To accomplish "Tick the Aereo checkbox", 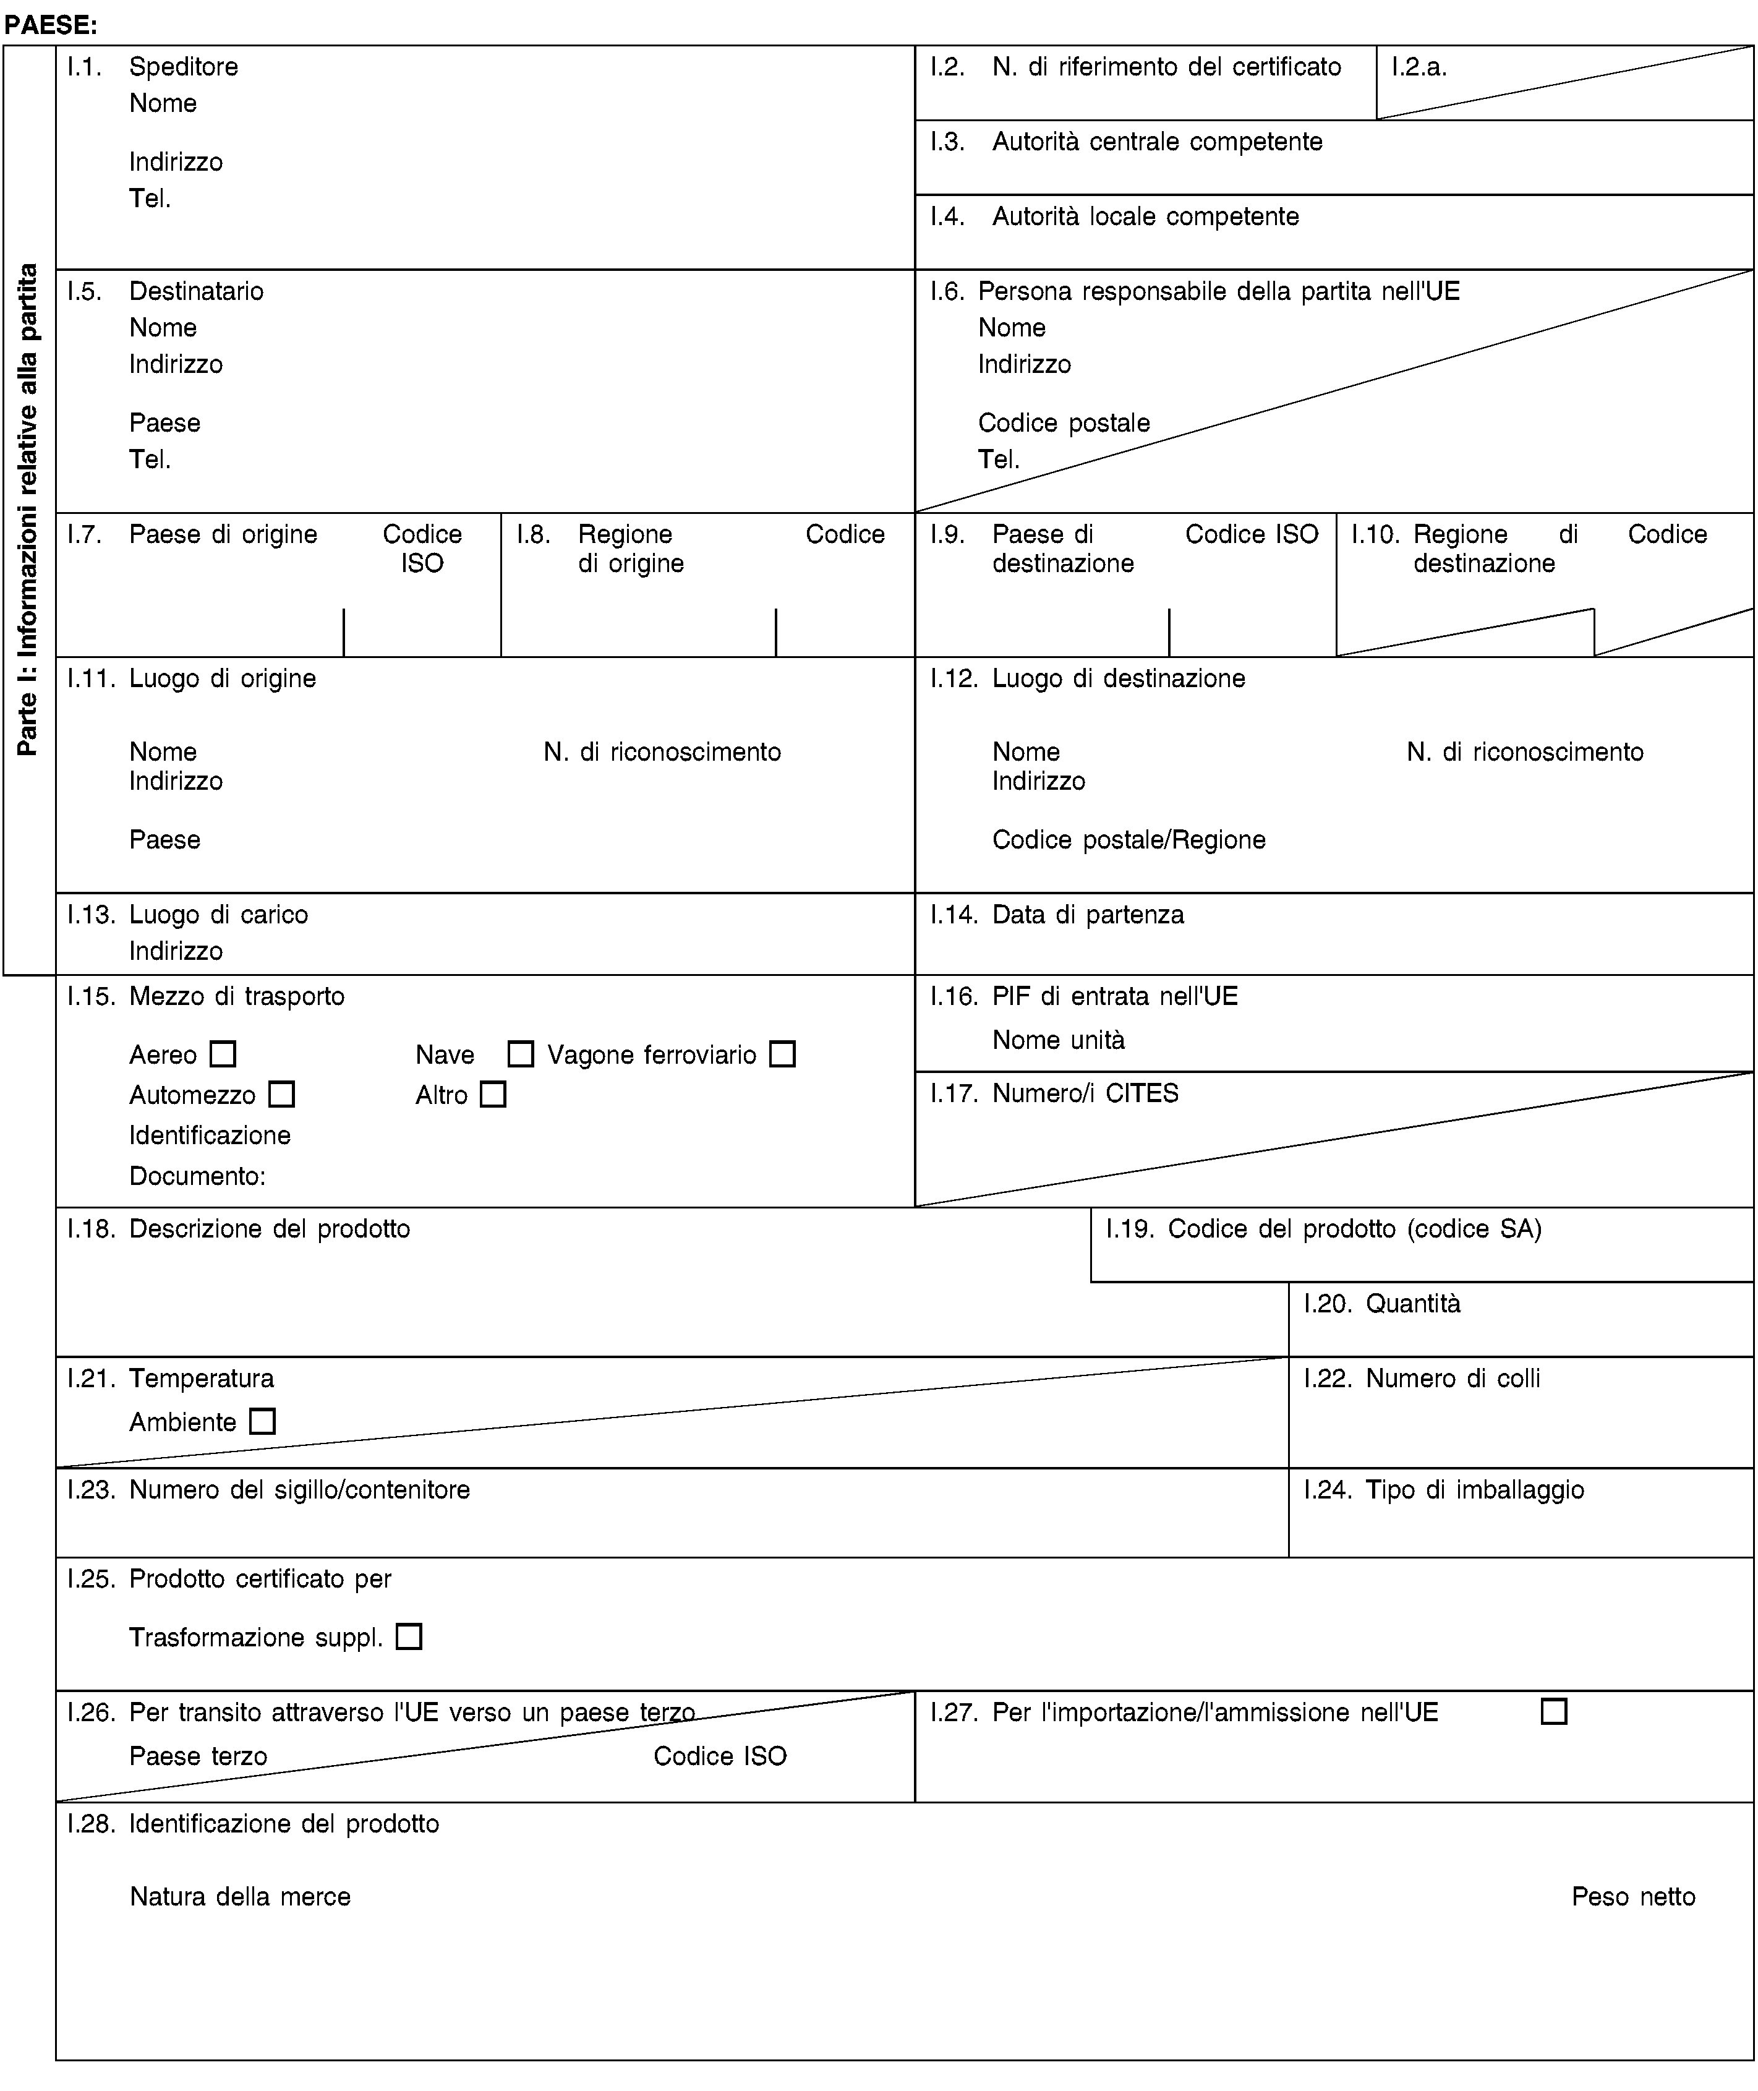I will (x=223, y=1053).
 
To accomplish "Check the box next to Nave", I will (x=520, y=1053).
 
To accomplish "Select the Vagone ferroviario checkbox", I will (x=782, y=1053).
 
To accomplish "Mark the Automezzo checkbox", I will (x=282, y=1094).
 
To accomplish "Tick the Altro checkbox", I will (x=492, y=1094).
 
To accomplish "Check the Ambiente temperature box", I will (x=262, y=1421).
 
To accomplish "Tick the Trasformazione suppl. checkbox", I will (x=409, y=1636).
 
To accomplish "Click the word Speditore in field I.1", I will (x=184, y=67).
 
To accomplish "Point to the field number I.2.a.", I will (x=1419, y=67).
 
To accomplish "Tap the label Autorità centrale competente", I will (x=1157, y=142).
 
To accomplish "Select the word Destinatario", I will (x=197, y=291).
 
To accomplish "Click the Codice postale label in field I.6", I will (x=1064, y=422).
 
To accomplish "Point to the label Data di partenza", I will (x=1088, y=914).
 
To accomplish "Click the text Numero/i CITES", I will (x=1085, y=1093).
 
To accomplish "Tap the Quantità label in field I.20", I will (x=1412, y=1302).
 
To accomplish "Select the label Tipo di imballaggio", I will (x=1475, y=1489).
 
